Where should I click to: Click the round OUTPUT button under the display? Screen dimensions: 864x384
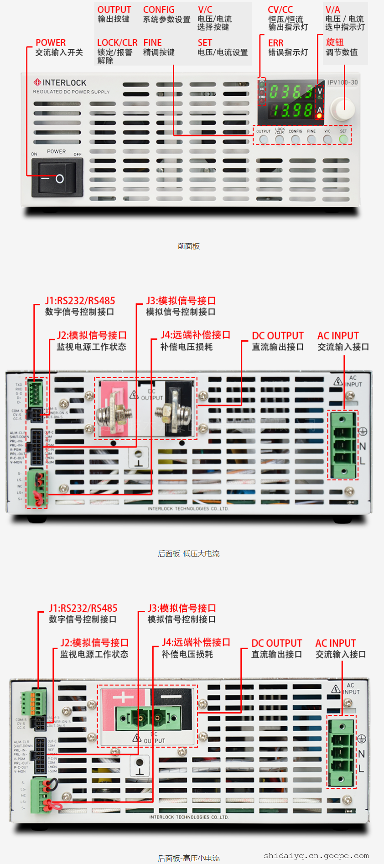(264, 139)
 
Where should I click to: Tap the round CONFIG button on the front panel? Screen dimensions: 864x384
(296, 139)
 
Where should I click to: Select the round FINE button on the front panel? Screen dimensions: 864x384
(311, 139)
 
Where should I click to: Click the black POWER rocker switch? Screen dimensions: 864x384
(57, 178)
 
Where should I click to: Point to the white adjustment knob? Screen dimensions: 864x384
(342, 108)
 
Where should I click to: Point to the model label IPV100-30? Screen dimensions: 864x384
(342, 83)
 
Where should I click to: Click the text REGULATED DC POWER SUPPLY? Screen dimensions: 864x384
(71, 92)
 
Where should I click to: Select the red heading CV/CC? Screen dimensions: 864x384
(280, 10)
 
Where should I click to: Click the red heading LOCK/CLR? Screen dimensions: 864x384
(117, 42)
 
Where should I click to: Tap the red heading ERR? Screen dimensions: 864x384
(275, 43)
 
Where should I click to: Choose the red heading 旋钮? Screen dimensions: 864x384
(335, 42)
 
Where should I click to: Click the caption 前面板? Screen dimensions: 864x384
(189, 246)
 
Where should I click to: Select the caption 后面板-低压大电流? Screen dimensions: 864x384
(189, 553)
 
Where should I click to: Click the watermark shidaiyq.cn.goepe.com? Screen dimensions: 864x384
(316, 856)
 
